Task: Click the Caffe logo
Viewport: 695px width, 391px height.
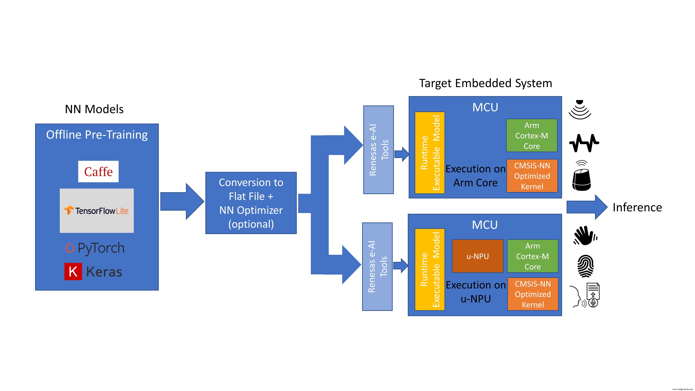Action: coord(98,172)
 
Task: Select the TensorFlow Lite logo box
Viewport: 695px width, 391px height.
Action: coord(97,210)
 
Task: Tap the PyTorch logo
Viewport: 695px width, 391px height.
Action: coord(95,248)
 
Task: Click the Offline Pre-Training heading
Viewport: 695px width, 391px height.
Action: coord(97,135)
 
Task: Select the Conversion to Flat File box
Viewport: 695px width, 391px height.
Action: coord(251,203)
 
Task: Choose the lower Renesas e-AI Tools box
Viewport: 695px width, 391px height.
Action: coord(377,267)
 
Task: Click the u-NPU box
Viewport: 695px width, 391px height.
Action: coord(477,256)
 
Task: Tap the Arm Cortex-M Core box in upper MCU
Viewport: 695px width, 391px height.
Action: coord(532,136)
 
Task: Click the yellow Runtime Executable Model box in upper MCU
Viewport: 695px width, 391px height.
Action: coord(430,153)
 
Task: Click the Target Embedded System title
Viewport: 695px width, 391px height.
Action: coord(485,83)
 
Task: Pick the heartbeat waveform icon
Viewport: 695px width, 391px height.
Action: coord(584,143)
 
